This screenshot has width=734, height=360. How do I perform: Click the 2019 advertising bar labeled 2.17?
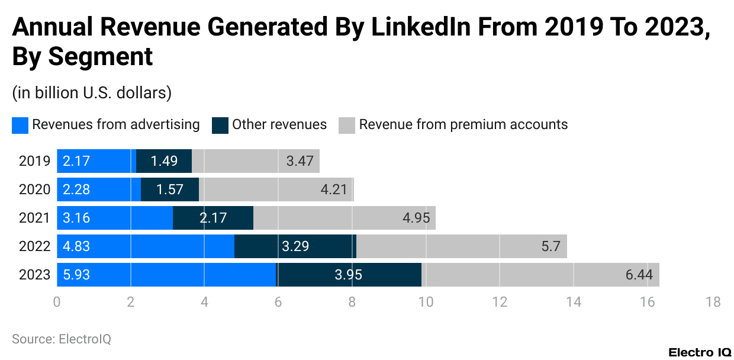96,161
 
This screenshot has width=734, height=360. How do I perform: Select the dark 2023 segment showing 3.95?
349,275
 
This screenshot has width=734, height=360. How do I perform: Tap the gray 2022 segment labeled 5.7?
462,246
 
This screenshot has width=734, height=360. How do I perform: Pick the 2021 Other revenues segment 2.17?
213,218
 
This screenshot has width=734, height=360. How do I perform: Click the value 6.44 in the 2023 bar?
638,275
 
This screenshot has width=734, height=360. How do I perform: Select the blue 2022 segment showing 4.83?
146,246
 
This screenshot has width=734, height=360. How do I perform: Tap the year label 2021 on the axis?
34,218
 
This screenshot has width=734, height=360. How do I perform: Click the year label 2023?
34,275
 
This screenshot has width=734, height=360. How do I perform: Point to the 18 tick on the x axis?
713,302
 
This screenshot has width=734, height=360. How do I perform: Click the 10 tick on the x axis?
426,302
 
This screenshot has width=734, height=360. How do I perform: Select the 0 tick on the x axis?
57,302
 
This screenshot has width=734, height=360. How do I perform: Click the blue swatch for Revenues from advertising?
20,125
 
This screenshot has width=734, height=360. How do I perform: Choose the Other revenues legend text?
279,124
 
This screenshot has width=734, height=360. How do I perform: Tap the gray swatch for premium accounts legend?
347,125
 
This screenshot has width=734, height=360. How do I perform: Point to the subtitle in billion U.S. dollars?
92,92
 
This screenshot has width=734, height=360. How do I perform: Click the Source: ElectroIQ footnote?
62,339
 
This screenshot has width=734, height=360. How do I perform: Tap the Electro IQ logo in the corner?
700,352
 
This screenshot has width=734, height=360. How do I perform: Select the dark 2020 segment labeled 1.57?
170,189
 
